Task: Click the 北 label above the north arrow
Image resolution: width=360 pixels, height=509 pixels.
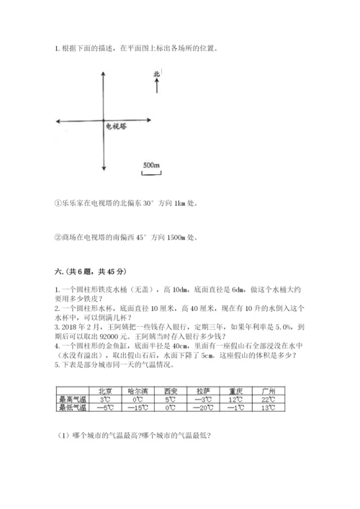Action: click(157, 74)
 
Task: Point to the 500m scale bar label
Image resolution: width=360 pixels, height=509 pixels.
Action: click(151, 166)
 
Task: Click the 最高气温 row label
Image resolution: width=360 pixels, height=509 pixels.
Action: click(72, 400)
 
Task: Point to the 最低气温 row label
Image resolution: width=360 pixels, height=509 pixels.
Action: click(72, 408)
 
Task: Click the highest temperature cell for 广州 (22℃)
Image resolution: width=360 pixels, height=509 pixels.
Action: click(271, 400)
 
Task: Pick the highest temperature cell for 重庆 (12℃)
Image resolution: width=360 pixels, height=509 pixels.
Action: click(237, 400)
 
